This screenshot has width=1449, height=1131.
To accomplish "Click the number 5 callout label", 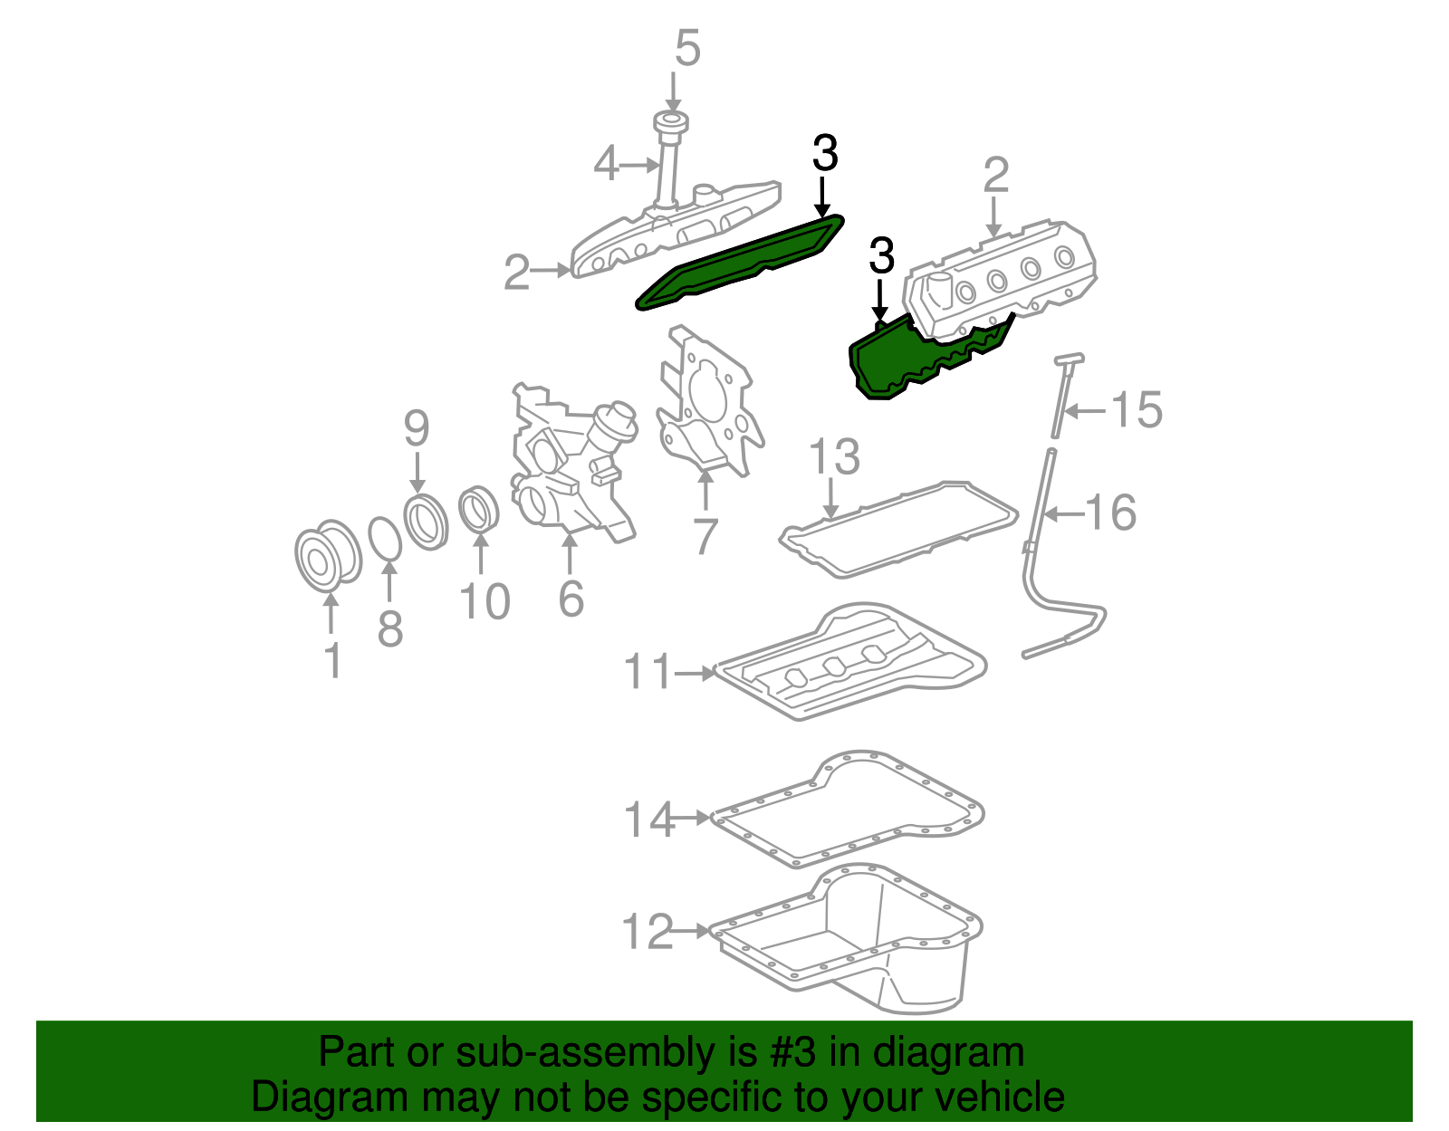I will click(x=687, y=48).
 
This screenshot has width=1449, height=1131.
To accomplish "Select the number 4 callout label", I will click(x=606, y=165).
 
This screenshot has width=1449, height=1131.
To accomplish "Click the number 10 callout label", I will click(x=485, y=601).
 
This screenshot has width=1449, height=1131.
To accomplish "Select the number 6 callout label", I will click(x=571, y=598).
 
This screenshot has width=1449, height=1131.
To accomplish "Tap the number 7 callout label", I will click(x=705, y=535).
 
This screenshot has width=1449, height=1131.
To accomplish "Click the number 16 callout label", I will click(x=1110, y=513).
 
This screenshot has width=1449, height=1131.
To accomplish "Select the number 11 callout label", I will click(x=648, y=672).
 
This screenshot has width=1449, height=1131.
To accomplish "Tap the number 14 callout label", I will click(x=649, y=819).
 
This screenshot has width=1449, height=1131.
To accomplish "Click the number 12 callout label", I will click(x=648, y=931).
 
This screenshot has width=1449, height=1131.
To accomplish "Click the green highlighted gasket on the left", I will click(x=738, y=263).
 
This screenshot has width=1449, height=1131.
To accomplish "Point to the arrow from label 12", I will click(x=693, y=931).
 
